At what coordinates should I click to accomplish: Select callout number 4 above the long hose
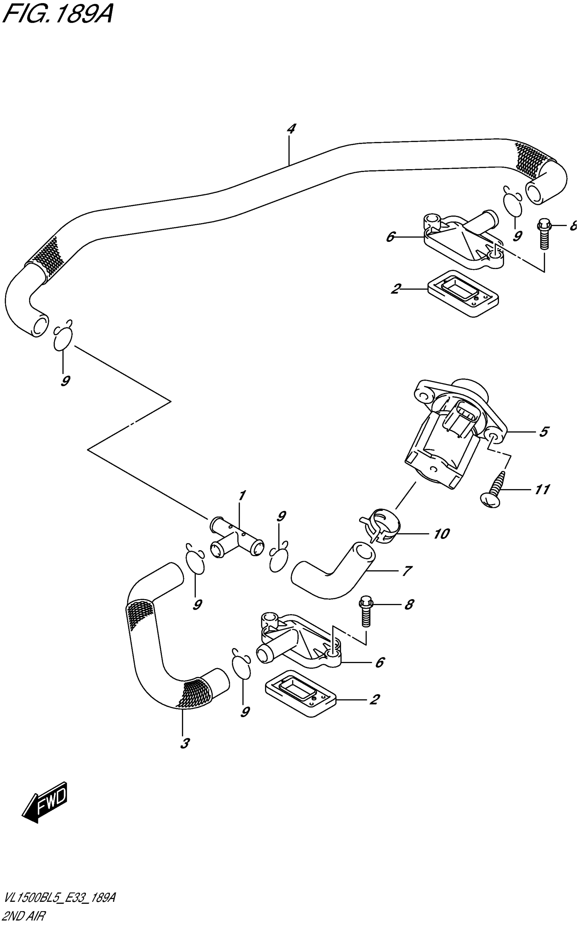[291, 129]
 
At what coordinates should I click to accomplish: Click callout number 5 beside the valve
[544, 432]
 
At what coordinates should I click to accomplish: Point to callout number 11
[542, 489]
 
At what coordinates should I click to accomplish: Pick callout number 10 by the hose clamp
[441, 533]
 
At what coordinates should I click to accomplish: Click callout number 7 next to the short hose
[407, 571]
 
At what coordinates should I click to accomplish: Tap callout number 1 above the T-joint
[242, 496]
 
